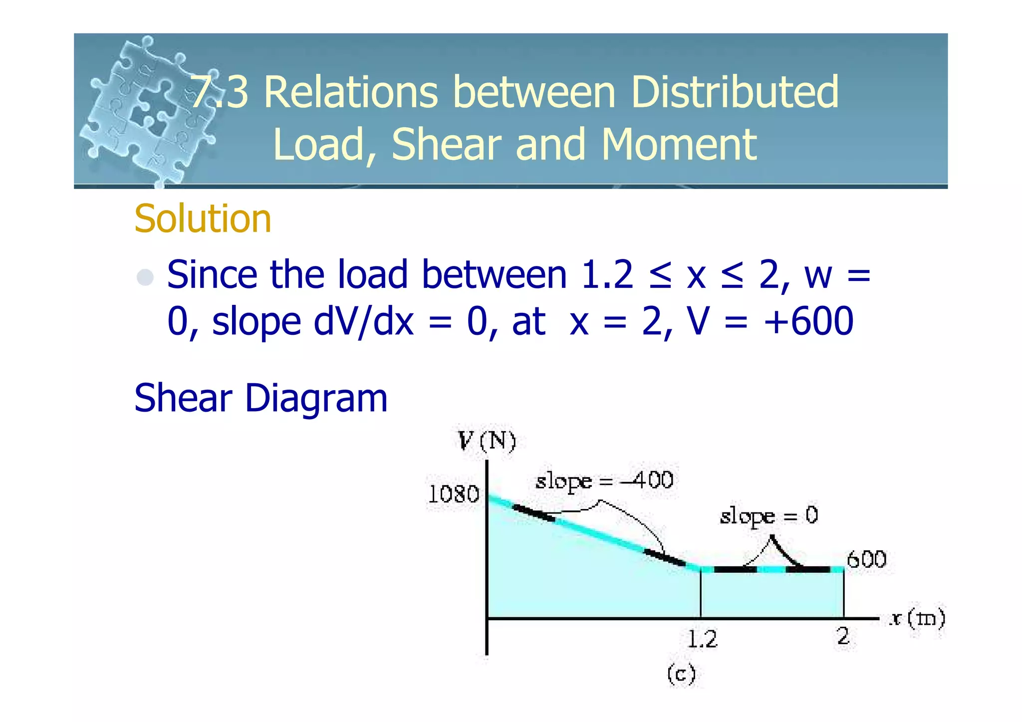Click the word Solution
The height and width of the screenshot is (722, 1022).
[x=203, y=219]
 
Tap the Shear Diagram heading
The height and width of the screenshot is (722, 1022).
[x=260, y=398]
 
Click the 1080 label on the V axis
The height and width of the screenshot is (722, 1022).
[x=454, y=494]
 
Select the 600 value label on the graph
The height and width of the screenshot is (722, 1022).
[x=866, y=559]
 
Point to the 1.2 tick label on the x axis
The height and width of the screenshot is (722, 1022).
[x=702, y=639]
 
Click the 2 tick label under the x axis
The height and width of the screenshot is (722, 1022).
[x=843, y=637]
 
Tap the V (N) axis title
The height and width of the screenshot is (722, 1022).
[x=487, y=441]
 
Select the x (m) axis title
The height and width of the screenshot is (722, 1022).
[x=917, y=619]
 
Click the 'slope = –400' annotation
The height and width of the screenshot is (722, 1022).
[x=604, y=481]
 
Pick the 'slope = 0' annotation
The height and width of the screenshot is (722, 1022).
[x=768, y=516]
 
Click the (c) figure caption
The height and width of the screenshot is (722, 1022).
[x=681, y=675]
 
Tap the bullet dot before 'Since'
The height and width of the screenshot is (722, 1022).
[x=145, y=277]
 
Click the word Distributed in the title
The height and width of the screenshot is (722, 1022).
[x=735, y=92]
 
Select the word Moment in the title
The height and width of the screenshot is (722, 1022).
[x=679, y=144]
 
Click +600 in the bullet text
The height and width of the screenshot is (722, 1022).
[x=808, y=321]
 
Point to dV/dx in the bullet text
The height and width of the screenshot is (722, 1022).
[x=363, y=321]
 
